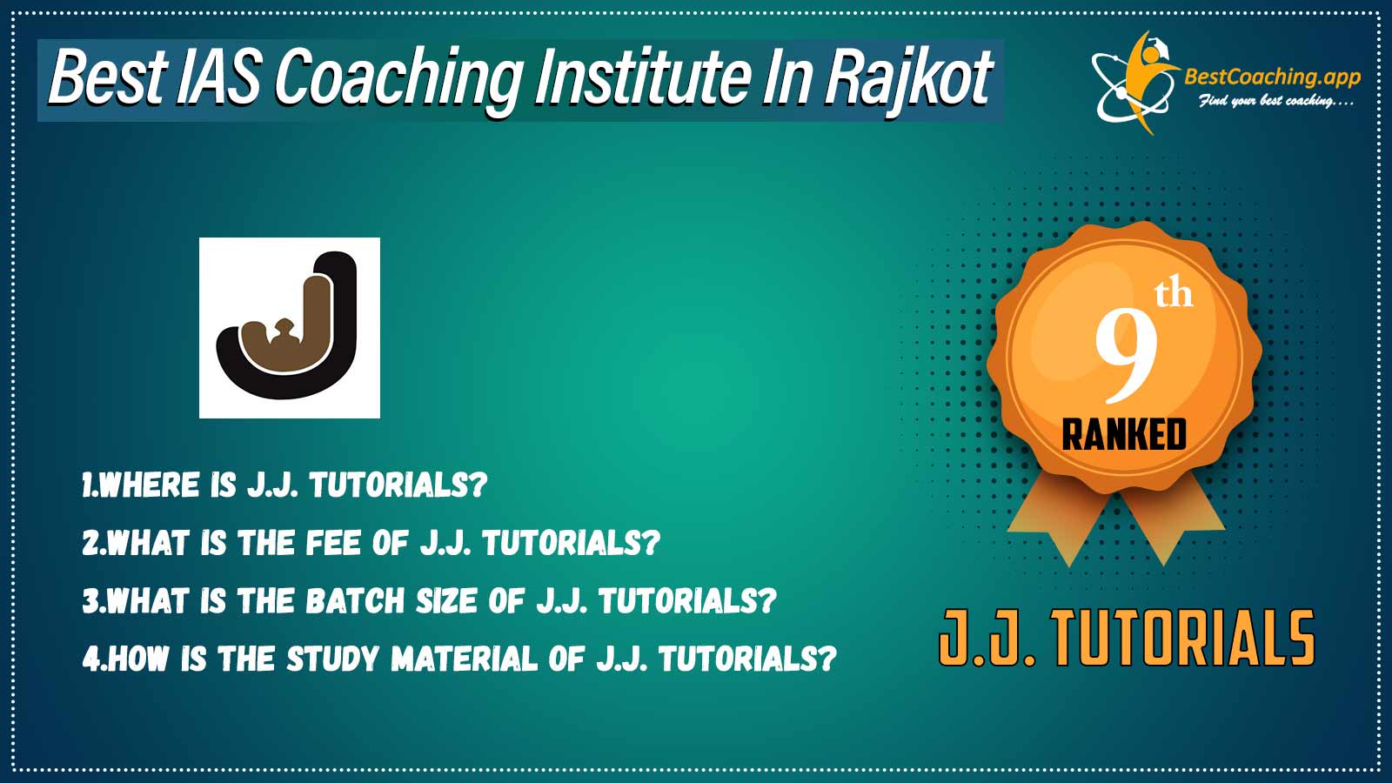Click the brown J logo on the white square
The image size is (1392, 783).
pyautogui.click(x=289, y=326)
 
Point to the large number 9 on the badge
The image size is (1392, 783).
pyautogui.click(x=1126, y=358)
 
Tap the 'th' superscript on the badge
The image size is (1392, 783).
pyautogui.click(x=1174, y=295)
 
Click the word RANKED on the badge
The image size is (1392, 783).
pyautogui.click(x=1124, y=434)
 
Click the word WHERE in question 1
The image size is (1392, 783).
pyautogui.click(x=149, y=485)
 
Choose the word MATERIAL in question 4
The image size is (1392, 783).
pyautogui.click(x=465, y=659)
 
